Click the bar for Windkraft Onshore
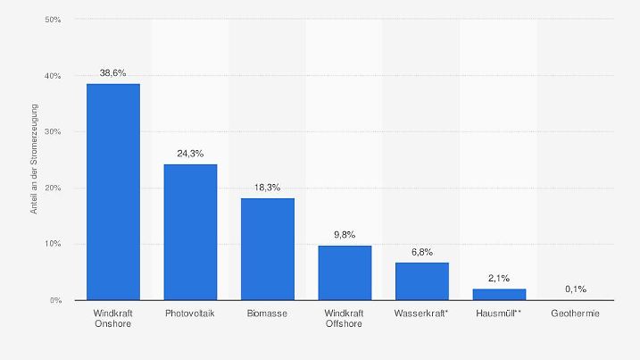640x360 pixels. click(112, 192)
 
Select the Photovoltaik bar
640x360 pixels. click(190, 232)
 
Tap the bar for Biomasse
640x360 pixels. click(267, 249)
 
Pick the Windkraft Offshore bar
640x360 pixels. click(345, 272)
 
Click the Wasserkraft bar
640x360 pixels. click(421, 281)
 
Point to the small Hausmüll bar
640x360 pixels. click(499, 295)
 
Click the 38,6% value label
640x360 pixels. click(112, 72)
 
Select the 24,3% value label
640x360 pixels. click(190, 153)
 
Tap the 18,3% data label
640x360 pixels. click(267, 187)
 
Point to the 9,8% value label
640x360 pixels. click(345, 234)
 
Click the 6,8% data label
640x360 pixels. click(421, 251)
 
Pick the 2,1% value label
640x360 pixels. click(499, 278)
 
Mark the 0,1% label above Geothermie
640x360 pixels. click(576, 289)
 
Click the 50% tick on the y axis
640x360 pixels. click(53, 20)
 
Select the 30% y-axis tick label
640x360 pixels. click(53, 132)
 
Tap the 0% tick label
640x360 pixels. click(55, 300)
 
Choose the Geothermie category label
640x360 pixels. click(576, 314)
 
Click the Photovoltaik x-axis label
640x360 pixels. click(190, 314)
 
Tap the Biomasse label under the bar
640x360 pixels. click(267, 314)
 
